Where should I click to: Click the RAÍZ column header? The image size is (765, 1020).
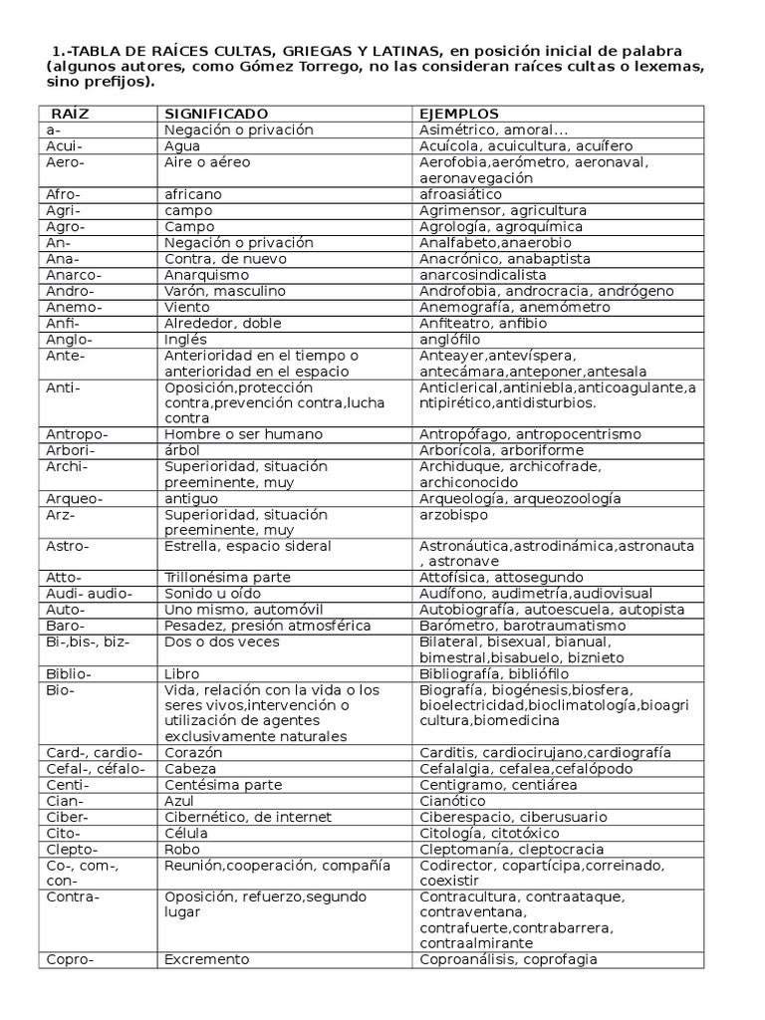pos(69,115)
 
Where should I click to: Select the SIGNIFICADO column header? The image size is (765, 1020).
pos(216,115)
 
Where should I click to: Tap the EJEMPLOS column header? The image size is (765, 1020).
pos(459,115)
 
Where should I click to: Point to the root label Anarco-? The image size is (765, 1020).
pos(74,275)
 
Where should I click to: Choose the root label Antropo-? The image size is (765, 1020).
pos(77,434)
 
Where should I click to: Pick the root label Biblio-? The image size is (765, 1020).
pos(69,673)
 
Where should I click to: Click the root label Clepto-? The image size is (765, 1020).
pos(72,849)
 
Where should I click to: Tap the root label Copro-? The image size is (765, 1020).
pos(70,959)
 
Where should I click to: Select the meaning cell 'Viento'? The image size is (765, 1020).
pos(187,307)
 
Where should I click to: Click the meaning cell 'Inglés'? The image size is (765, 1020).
pos(186,339)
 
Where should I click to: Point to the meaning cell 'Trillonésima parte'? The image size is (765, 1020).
pos(227,578)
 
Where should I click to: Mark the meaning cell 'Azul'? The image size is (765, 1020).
pos(180,801)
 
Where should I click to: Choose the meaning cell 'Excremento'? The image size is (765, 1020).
pos(207,959)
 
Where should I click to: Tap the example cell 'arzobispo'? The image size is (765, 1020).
pos(455,515)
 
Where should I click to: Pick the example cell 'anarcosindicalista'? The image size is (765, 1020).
pos(483,275)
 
